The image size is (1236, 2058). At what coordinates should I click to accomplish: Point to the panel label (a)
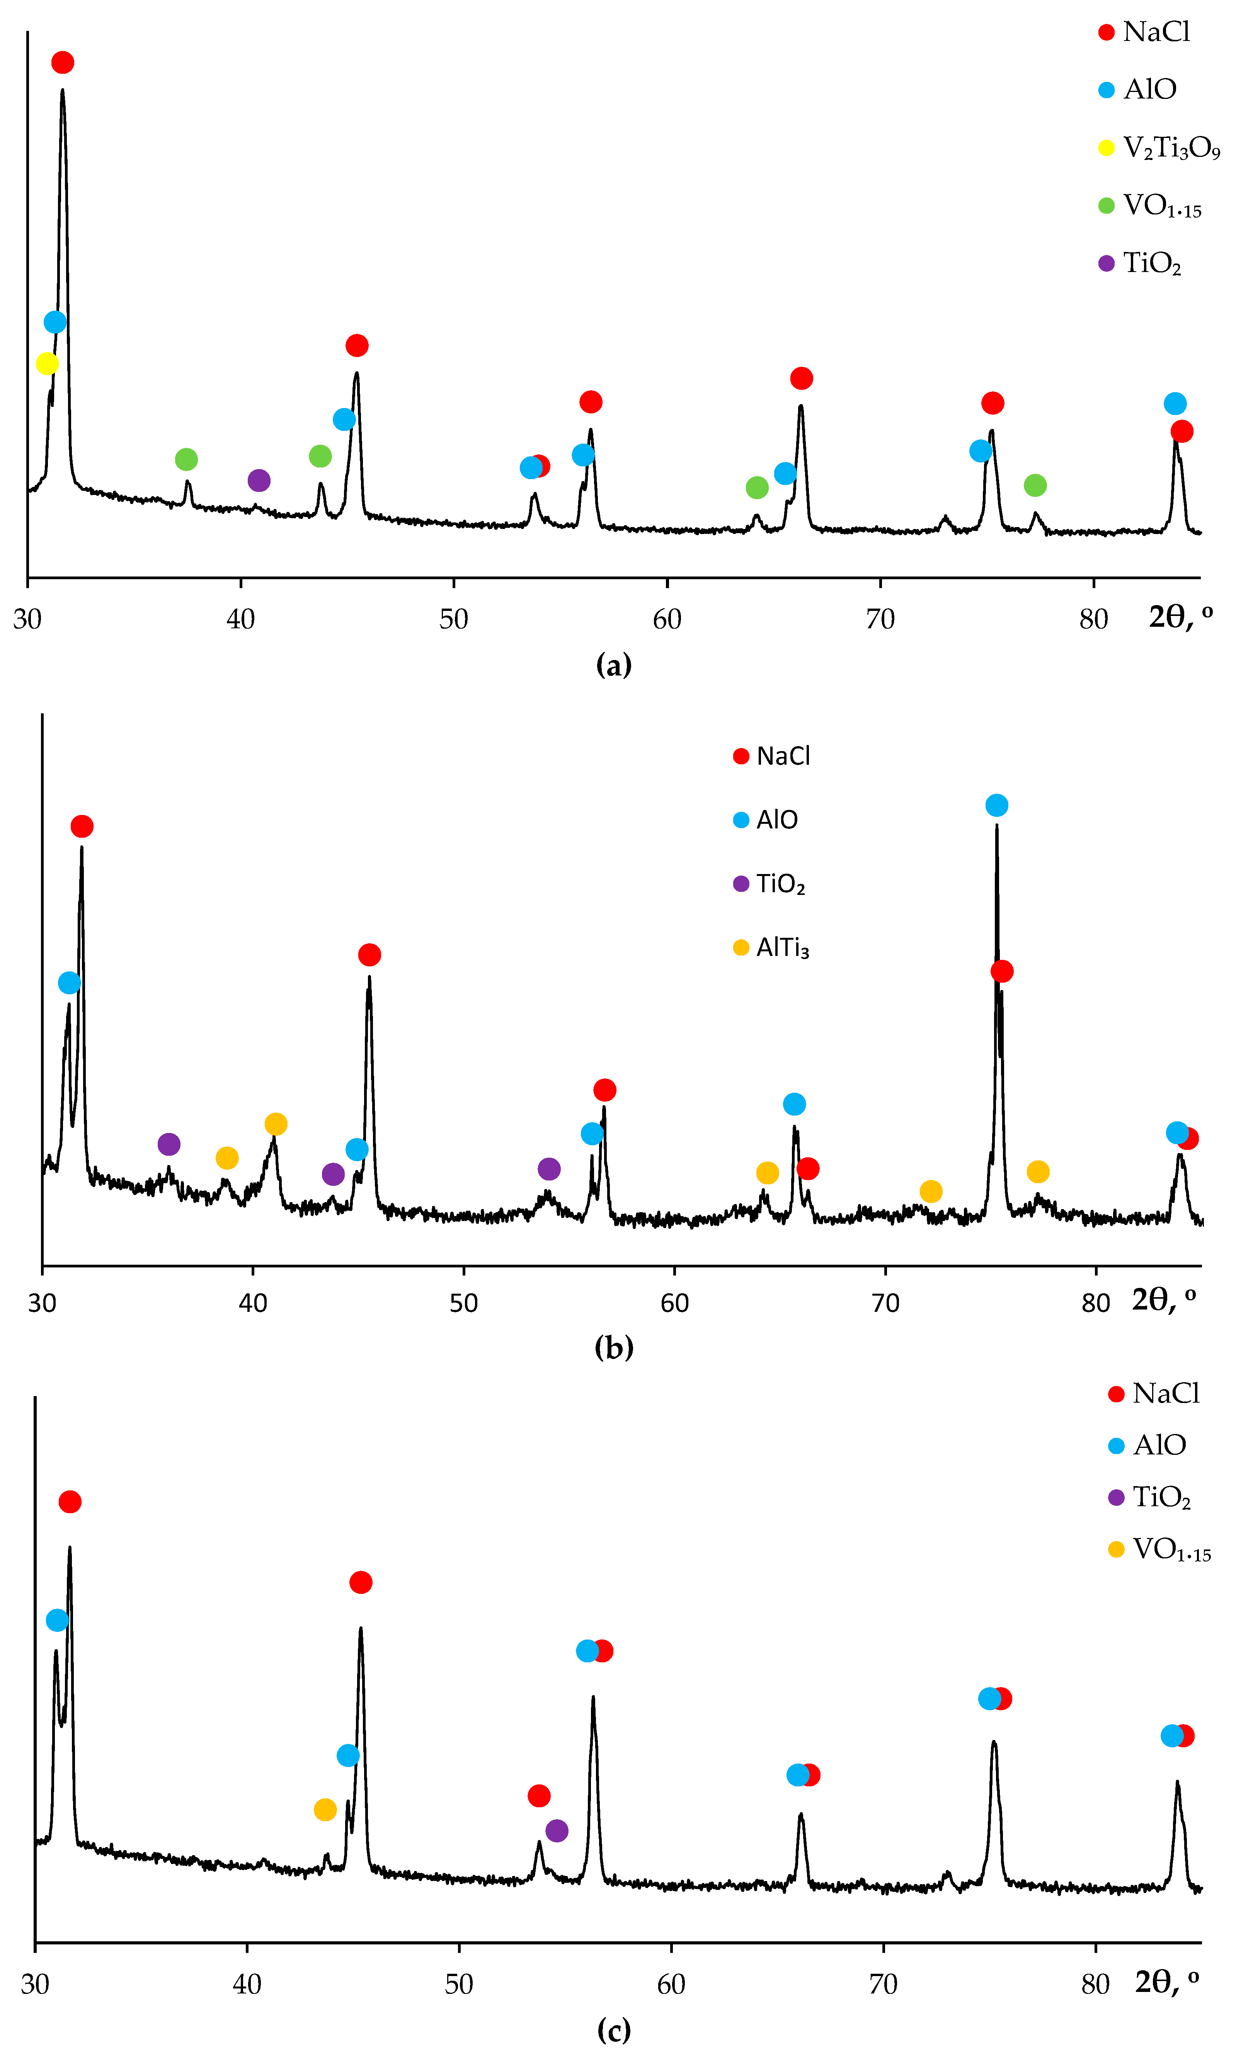click(614, 665)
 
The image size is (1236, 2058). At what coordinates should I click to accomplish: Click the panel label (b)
click(614, 1347)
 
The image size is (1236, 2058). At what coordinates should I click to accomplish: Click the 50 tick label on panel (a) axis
click(454, 619)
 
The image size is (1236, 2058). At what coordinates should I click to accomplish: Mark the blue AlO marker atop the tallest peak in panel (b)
click(996, 805)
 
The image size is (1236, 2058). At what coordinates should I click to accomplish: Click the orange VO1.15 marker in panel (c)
click(325, 1809)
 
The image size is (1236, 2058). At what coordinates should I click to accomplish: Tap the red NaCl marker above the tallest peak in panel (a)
click(63, 63)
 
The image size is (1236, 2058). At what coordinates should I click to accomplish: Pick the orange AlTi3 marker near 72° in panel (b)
click(930, 1191)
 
